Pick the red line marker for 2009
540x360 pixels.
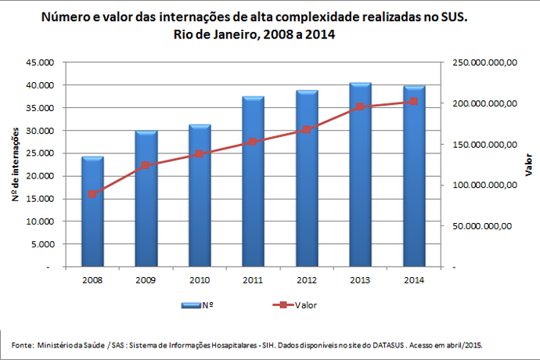[146, 165]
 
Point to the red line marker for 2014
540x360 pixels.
[414, 102]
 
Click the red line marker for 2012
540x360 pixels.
[307, 129]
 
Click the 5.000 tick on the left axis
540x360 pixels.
[49, 244]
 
